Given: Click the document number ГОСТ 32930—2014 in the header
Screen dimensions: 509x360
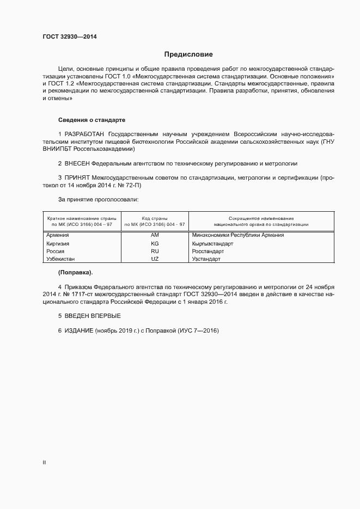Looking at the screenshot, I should click(x=70, y=37).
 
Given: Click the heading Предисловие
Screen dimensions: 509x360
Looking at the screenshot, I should click(x=188, y=54).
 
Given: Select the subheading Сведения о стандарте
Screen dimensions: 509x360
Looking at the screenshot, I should click(x=93, y=120).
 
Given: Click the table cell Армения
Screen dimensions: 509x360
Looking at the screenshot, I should click(x=58, y=235).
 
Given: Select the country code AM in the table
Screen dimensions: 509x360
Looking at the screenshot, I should click(x=154, y=235).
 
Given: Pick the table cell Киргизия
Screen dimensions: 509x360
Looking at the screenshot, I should click(x=59, y=243).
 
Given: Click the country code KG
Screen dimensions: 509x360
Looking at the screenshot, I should click(x=154, y=243).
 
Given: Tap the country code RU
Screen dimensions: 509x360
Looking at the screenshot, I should click(x=154, y=252).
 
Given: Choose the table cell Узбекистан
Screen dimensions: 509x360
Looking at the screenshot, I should click(x=60, y=260).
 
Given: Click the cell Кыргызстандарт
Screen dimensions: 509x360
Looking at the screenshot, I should click(x=212, y=243).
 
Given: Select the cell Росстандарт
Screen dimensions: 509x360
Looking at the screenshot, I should click(x=208, y=252).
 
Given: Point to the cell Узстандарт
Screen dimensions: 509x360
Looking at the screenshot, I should click(x=206, y=260).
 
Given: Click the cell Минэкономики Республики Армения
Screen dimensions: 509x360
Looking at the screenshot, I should click(x=238, y=235).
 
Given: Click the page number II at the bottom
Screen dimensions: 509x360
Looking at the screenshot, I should click(x=44, y=463).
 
